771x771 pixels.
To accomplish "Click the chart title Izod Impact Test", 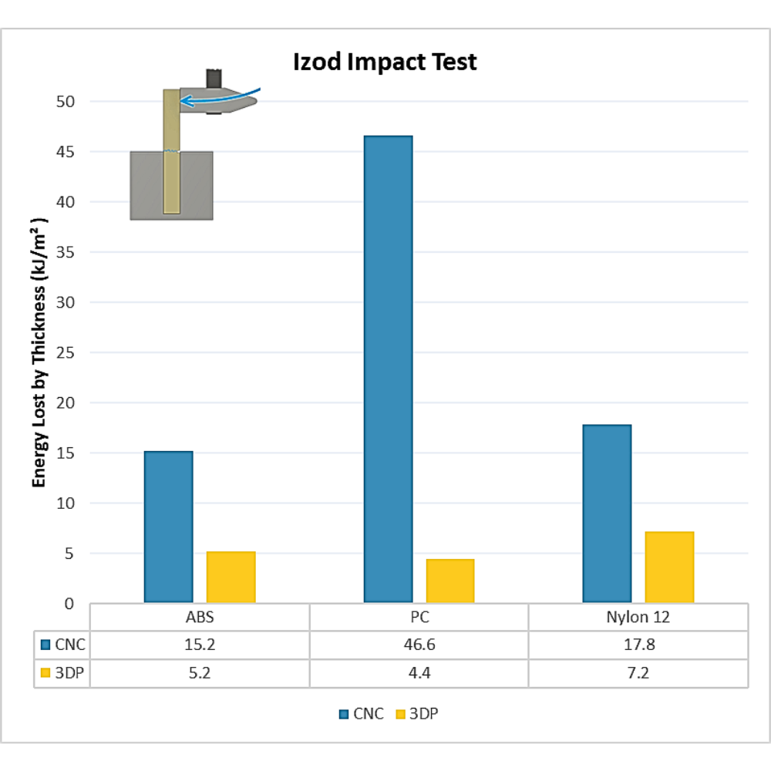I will pos(385,62).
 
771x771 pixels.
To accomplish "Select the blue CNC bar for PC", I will pos(389,369).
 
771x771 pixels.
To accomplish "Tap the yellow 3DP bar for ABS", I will pos(231,577).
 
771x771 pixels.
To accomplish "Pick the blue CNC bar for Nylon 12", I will pos(607,513).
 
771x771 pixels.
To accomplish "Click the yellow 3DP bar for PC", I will pos(450,580).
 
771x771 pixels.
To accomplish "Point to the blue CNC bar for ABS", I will pos(168,526).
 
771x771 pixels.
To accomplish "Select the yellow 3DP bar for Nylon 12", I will pos(669,567).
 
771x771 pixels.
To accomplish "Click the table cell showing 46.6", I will pos(419,645).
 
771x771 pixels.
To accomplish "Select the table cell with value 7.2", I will pos(638,672).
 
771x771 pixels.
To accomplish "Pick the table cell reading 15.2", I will pos(200,645).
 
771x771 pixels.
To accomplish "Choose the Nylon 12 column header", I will pos(638,618).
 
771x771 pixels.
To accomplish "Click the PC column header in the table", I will pos(419,618).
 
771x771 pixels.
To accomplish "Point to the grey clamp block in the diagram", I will pos(146,185).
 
